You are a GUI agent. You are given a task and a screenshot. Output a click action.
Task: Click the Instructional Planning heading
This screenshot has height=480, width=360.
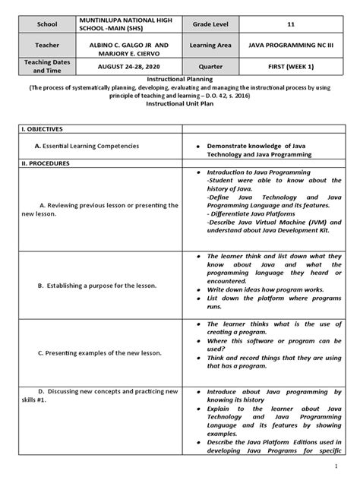click(x=179, y=77)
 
